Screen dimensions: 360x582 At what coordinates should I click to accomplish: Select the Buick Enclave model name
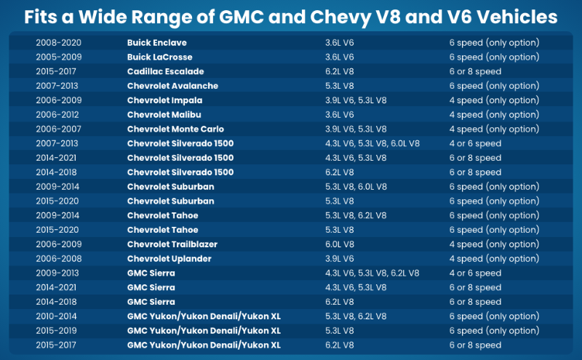156,43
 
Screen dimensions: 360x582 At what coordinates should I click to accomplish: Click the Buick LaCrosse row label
160,57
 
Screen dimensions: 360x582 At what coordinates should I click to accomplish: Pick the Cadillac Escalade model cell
165,72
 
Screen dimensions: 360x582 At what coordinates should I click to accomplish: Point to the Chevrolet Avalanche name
172,86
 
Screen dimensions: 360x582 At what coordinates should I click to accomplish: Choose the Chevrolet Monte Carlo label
175,129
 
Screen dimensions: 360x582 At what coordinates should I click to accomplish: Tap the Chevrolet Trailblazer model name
172,244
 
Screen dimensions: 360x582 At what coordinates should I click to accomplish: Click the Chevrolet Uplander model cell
170,259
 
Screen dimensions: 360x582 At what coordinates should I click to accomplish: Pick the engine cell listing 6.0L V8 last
372,144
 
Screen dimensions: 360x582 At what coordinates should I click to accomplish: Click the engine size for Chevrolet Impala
356,100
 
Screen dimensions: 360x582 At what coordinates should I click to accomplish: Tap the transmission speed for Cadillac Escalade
475,72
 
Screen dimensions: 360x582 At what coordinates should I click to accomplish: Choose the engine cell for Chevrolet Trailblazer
340,244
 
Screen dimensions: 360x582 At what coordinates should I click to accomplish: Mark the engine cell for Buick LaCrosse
340,57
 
